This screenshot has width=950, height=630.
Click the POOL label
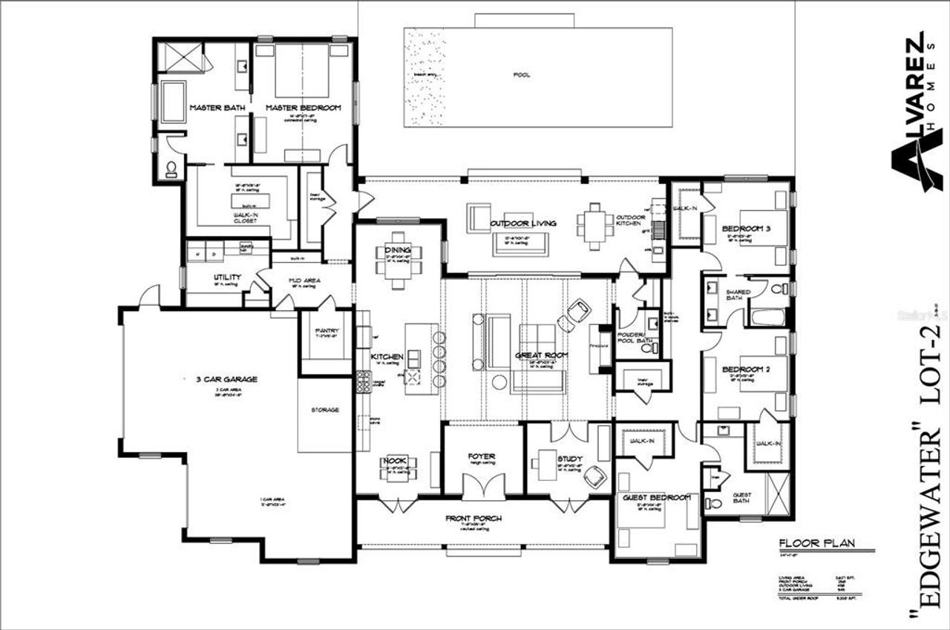point(521,75)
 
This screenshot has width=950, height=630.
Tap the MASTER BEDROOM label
point(304,108)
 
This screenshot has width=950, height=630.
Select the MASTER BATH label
point(217,108)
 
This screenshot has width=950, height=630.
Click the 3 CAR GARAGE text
point(221,379)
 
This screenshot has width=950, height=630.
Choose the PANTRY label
point(326,331)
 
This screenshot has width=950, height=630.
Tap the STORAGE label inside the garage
point(325,410)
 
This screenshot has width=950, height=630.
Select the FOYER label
point(481,456)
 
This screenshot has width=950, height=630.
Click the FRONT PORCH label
point(474,518)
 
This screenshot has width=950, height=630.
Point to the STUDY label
point(570,459)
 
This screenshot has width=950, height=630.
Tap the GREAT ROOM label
point(541,355)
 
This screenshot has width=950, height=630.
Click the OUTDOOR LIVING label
point(523,223)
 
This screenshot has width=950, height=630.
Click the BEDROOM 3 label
point(746,229)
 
